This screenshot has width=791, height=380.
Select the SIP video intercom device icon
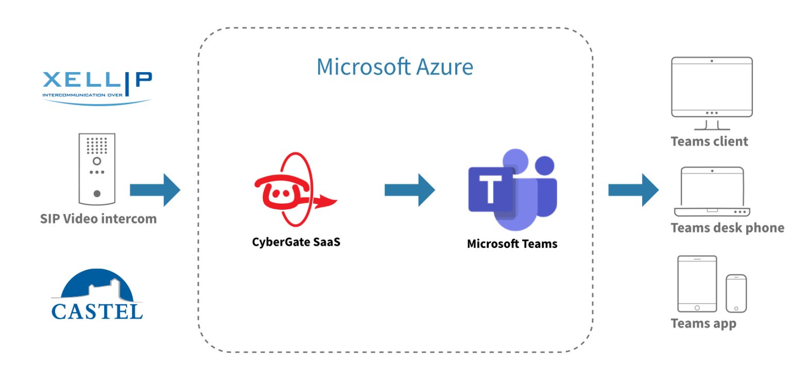(x=97, y=169)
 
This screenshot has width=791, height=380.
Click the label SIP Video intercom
(x=98, y=219)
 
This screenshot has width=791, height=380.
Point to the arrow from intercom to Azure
(x=155, y=190)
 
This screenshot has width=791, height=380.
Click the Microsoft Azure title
(x=394, y=67)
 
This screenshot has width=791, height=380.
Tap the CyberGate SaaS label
(x=296, y=242)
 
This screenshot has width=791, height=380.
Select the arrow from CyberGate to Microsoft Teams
(x=409, y=190)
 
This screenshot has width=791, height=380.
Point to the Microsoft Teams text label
(x=512, y=244)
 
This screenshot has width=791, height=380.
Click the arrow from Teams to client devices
(x=633, y=190)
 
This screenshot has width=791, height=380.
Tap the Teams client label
(x=709, y=141)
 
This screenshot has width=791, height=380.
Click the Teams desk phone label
(x=727, y=228)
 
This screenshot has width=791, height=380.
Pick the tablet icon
(x=697, y=284)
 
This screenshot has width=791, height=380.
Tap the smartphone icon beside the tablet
(x=736, y=293)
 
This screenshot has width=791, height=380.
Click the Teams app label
(x=703, y=324)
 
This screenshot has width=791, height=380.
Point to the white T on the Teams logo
(x=490, y=189)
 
